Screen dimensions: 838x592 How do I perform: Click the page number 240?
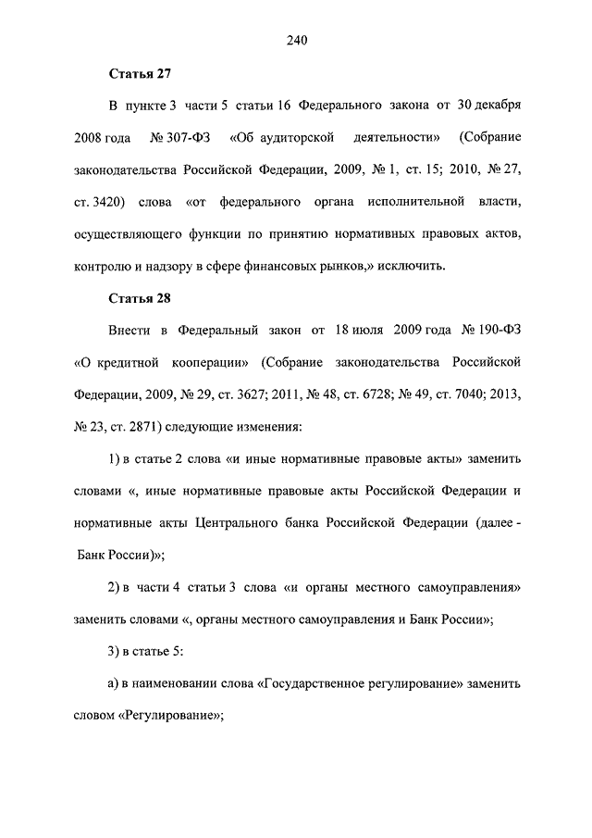coord(296,40)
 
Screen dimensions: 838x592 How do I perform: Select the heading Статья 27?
coord(140,72)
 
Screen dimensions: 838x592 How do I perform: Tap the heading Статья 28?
coord(140,298)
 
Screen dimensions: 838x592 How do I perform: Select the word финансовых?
coord(292,267)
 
